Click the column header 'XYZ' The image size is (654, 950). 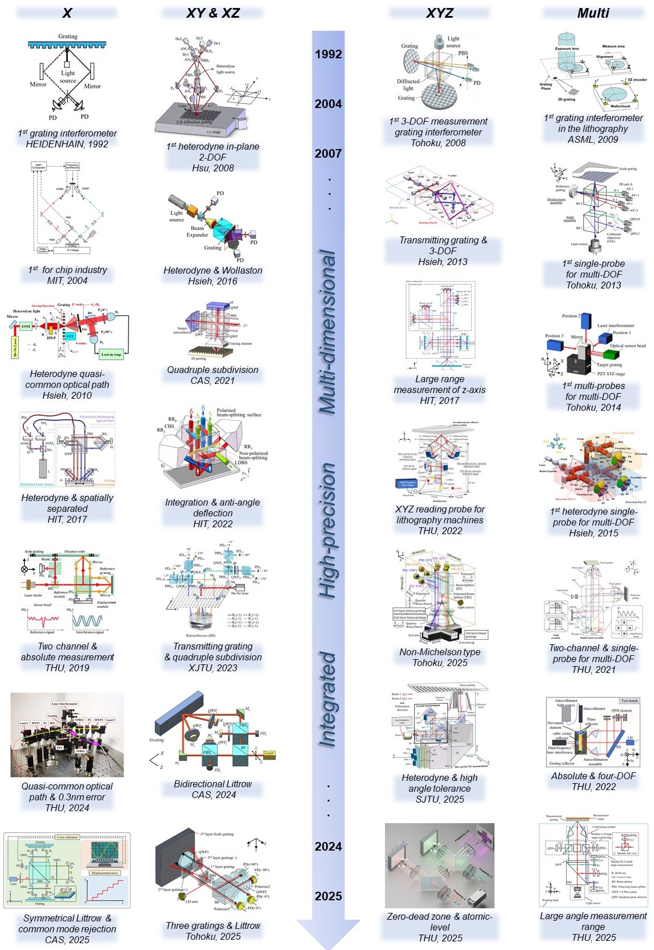(x=439, y=13)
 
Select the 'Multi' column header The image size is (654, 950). (x=593, y=13)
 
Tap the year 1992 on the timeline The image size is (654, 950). (x=328, y=54)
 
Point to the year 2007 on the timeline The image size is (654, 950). (x=328, y=153)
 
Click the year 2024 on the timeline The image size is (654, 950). (x=328, y=846)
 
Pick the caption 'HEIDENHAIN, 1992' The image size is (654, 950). (x=67, y=144)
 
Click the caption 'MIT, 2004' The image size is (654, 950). (x=67, y=280)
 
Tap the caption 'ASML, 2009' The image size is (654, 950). (x=593, y=139)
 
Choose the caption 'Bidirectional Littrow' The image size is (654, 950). (x=213, y=784)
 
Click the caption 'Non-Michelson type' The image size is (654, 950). (x=440, y=652)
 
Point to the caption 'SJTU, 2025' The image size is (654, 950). (x=440, y=799)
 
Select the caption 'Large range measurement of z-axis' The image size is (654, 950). (x=440, y=384)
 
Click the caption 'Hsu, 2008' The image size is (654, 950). (x=213, y=168)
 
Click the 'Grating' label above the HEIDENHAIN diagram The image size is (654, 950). (x=67, y=37)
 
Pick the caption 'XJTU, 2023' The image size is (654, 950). (x=213, y=668)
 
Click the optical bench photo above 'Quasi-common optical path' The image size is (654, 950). (x=67, y=735)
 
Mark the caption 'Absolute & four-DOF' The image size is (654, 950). (x=593, y=776)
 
